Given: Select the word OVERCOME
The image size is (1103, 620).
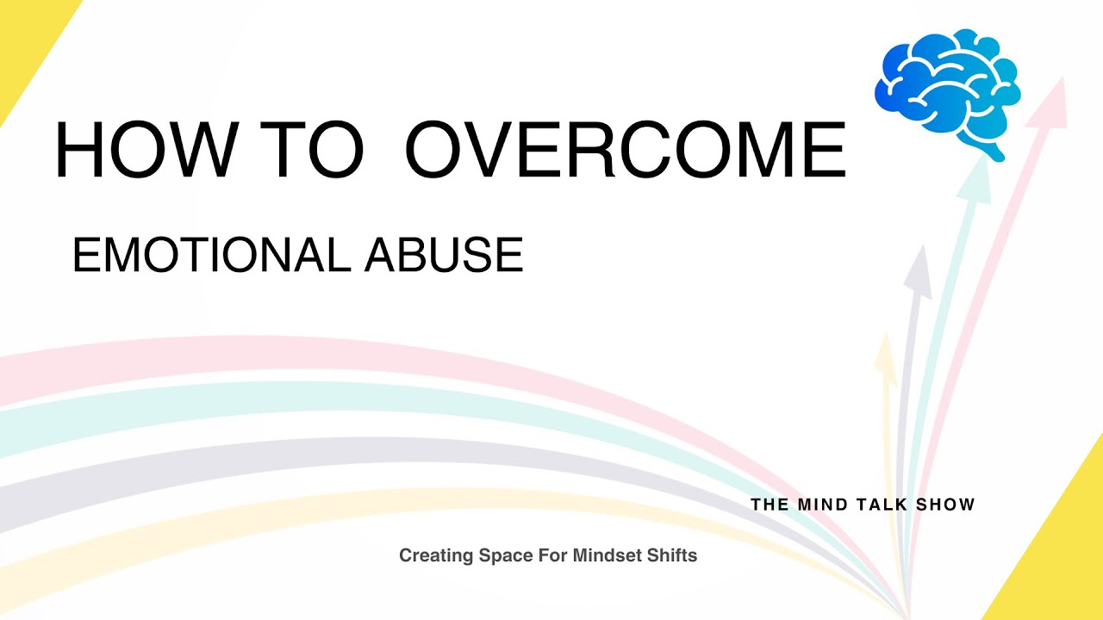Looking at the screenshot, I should pyautogui.click(x=625, y=151).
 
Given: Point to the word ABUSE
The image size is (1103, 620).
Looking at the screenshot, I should pyautogui.click(x=445, y=256).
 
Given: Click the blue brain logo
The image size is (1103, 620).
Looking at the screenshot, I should pyautogui.click(x=947, y=86).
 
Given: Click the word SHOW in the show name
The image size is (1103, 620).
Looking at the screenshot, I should pyautogui.click(x=946, y=505).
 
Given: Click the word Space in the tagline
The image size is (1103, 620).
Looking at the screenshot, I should pyautogui.click(x=500, y=556).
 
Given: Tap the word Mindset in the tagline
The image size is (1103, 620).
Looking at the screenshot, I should pyautogui.click(x=598, y=556).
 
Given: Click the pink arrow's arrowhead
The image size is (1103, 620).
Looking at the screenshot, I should pyautogui.click(x=1053, y=99).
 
